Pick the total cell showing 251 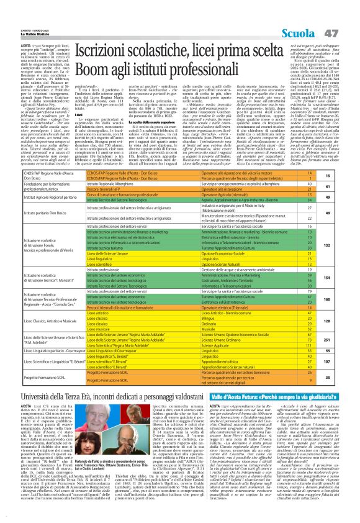pyautogui.click(x=344, y=340)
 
